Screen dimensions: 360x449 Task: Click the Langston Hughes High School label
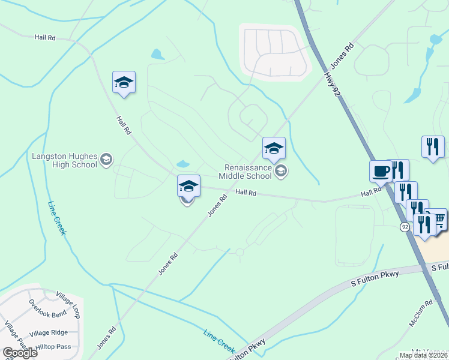64,160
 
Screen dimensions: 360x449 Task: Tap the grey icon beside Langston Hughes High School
106,159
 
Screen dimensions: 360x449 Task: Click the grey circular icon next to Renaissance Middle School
280,172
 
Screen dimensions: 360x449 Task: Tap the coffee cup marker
380,171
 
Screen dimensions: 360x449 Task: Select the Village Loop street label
68,305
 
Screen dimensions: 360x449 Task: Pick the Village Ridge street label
49,333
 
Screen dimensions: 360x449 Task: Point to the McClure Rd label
420,313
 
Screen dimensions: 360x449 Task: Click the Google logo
20,352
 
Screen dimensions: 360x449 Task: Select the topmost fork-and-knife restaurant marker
433,146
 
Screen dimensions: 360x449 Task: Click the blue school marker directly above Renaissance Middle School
274,148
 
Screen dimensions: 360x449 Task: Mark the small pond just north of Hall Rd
183,164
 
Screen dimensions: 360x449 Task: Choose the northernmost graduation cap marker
124,83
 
